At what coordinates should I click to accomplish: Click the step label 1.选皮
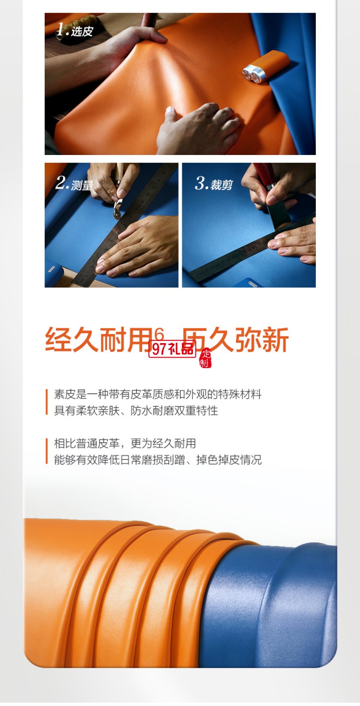tap(74, 31)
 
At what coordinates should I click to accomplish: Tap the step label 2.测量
tap(74, 184)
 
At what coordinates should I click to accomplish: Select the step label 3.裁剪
tap(214, 184)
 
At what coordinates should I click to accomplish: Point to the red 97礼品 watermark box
tap(172, 349)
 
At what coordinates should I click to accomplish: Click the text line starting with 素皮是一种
tap(157, 395)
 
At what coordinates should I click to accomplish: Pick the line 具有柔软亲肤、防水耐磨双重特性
tap(136, 411)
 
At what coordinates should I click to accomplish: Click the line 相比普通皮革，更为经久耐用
tap(125, 443)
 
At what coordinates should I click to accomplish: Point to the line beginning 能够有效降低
tap(157, 460)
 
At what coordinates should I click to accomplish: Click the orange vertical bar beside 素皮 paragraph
tap(47, 402)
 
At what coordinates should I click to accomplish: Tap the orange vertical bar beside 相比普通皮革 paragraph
tap(47, 452)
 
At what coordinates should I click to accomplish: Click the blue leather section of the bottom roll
tap(274, 610)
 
